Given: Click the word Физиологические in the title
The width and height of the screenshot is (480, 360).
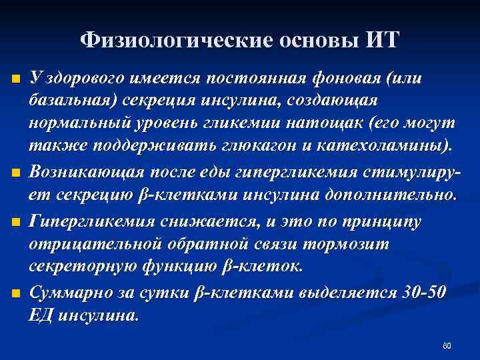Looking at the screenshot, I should (171, 40).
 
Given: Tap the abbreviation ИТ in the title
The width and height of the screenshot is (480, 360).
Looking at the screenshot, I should (381, 40).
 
